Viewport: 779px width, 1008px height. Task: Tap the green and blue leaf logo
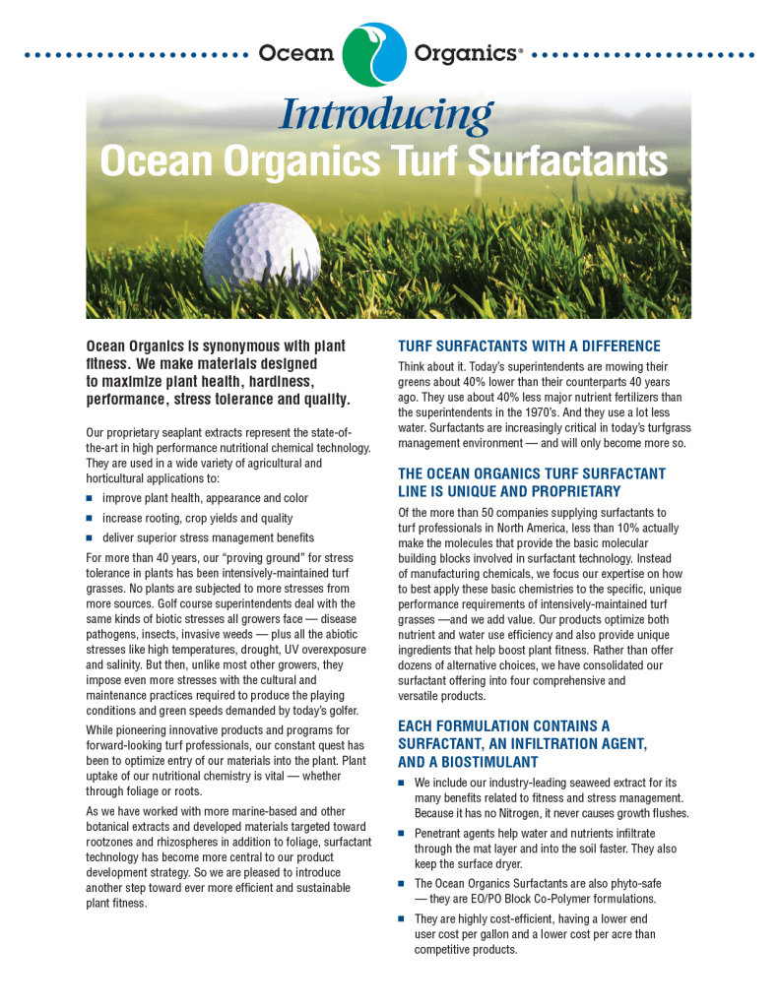374,53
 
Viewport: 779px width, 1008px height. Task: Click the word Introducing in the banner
385,116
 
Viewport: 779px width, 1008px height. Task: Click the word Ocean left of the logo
295,53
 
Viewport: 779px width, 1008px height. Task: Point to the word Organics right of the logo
466,53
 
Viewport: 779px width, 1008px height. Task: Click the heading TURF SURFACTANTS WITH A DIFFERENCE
529,346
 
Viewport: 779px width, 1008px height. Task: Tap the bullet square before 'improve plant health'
89,498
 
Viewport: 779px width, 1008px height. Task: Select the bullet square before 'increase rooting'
89,518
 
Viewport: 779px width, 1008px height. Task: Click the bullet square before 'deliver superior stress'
89,537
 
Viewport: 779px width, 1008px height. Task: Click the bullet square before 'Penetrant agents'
402,833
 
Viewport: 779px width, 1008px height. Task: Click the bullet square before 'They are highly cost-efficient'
402,918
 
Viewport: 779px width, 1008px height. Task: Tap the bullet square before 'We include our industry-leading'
402,782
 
